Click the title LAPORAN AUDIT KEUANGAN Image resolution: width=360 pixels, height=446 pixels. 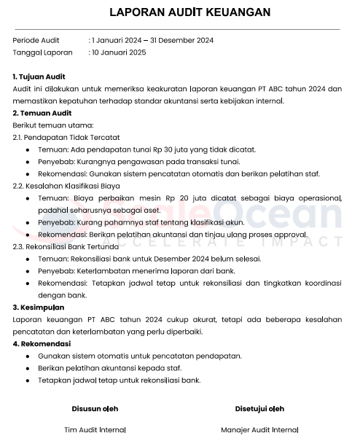(x=179, y=12)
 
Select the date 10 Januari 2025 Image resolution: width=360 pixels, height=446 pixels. (x=120, y=52)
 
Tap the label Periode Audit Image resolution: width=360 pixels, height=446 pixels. (x=36, y=39)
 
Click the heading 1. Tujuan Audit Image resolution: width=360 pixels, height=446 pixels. (x=39, y=76)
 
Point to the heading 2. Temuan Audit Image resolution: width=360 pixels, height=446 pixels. (x=42, y=113)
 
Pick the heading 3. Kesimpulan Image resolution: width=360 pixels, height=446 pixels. (x=39, y=308)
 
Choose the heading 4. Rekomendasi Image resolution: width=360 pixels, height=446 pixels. (x=43, y=344)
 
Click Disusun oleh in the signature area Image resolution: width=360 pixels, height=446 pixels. (x=95, y=408)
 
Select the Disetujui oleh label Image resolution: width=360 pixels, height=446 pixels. (x=259, y=408)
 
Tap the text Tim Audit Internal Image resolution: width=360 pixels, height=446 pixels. (x=95, y=430)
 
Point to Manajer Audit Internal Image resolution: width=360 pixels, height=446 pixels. (x=259, y=430)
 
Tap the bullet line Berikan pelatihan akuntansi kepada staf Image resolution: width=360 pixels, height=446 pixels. (x=109, y=368)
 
